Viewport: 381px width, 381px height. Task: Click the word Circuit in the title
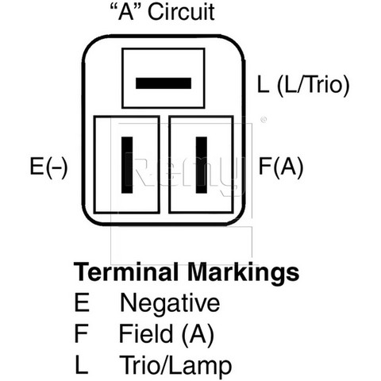(181, 12)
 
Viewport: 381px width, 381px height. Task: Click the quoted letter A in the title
(126, 12)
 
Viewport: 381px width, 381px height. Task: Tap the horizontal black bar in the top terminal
(164, 83)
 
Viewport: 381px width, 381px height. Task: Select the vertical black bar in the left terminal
(127, 165)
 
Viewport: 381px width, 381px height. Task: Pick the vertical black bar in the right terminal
(202, 165)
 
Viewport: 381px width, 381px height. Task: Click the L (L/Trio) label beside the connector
(303, 85)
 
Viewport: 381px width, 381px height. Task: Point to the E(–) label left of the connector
(48, 167)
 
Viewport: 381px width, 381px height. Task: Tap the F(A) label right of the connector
(280, 167)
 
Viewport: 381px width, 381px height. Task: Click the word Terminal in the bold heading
(126, 272)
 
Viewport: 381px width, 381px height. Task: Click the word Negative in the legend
(170, 302)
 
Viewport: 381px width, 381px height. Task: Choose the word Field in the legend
(146, 333)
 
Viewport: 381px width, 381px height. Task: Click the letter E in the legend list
(82, 302)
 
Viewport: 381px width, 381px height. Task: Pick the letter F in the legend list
(81, 333)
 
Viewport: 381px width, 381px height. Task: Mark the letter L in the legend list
(81, 364)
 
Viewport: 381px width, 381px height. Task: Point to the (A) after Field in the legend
(198, 334)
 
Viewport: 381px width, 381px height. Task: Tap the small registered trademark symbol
(264, 120)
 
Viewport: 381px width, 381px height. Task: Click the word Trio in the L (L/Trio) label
(325, 85)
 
